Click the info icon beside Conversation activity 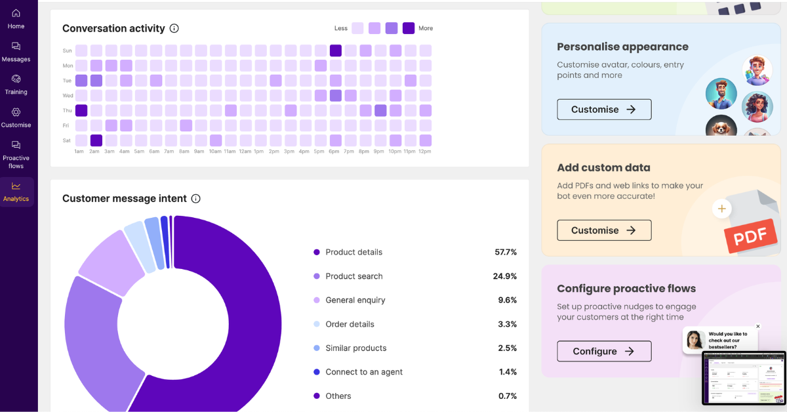coord(174,28)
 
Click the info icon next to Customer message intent coord(195,199)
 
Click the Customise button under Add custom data coord(604,230)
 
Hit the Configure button coord(604,351)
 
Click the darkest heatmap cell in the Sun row coord(335,51)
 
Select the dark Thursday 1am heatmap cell coord(81,110)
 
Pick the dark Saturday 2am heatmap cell coord(96,140)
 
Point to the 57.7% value coord(506,252)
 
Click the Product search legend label coord(353,276)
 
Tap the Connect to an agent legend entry coord(363,372)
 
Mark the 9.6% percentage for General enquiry coord(507,300)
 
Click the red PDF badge coord(750,236)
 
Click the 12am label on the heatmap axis coord(245,152)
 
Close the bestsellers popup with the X coord(758,326)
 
